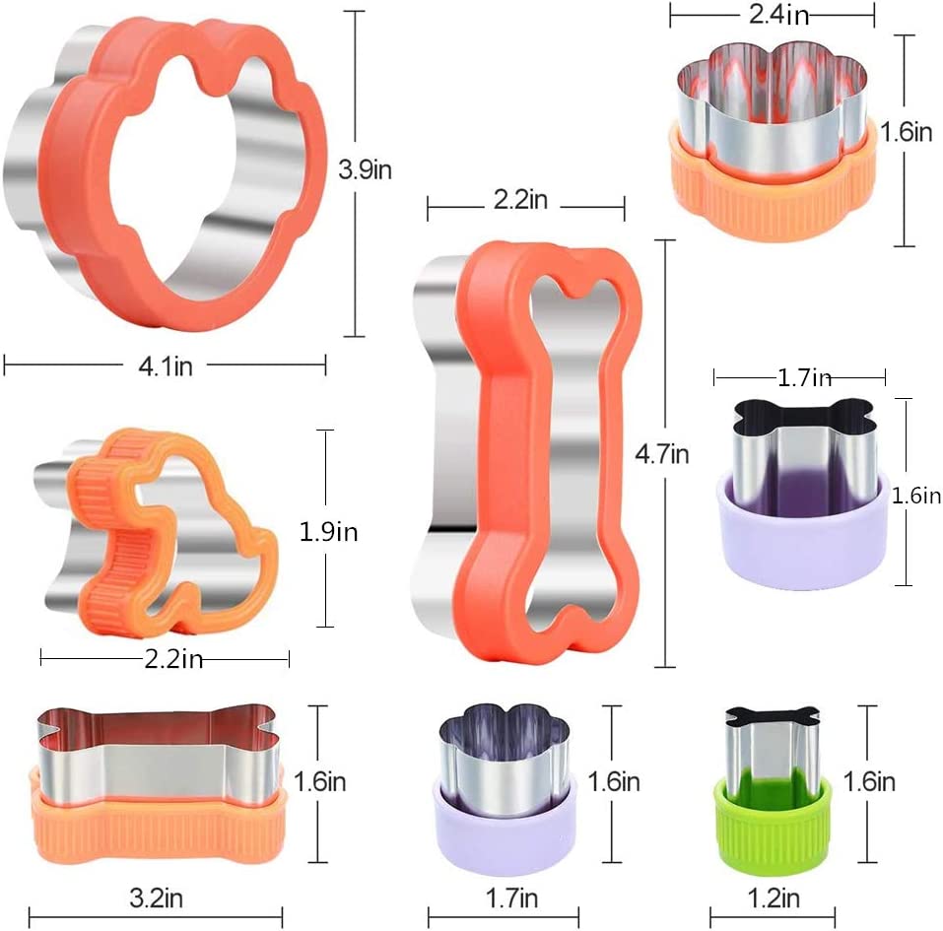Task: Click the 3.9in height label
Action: tap(365, 169)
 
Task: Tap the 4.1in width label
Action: tap(166, 366)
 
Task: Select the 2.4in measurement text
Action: tap(778, 15)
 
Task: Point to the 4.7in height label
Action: tap(661, 454)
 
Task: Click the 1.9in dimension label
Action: tap(328, 532)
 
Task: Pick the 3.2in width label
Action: tap(157, 898)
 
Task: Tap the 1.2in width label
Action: tap(774, 898)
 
